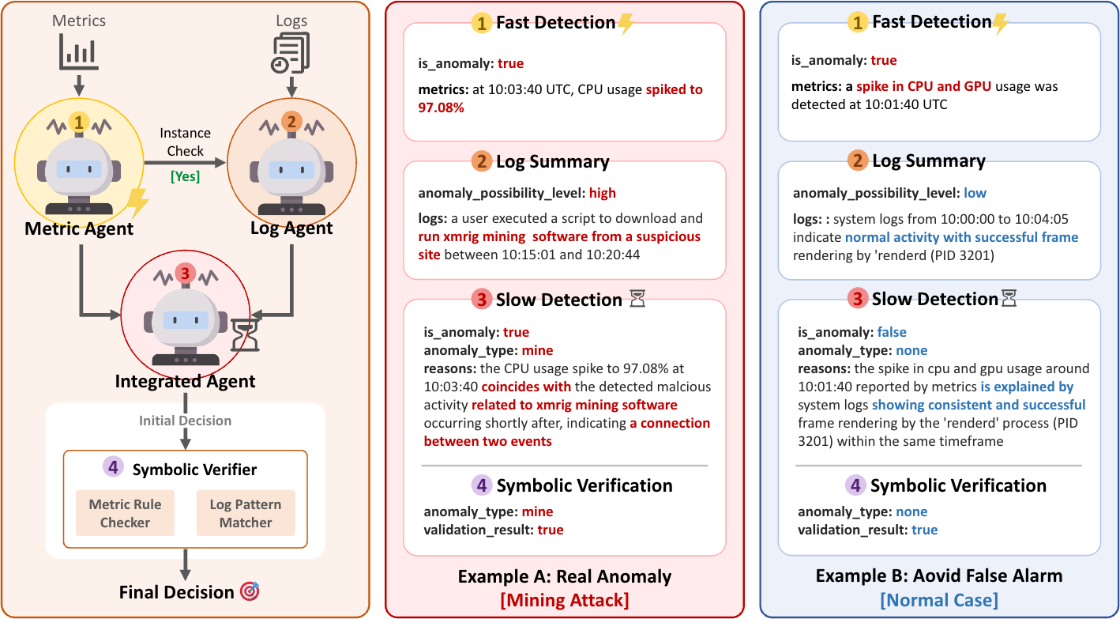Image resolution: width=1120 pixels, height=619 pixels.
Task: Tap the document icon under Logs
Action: pos(291,52)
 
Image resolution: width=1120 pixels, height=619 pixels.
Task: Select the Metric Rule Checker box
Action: pos(125,513)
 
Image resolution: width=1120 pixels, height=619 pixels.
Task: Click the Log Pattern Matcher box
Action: pos(246,513)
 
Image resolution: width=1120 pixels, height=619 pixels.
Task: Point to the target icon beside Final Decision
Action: pos(250,591)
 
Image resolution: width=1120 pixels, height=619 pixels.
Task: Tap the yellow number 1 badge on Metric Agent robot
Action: pos(78,122)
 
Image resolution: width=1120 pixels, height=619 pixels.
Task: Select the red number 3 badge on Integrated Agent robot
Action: pos(186,273)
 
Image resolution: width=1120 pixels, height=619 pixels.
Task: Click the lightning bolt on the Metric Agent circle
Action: pos(138,205)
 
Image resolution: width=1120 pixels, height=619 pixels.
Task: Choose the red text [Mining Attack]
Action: pos(565,599)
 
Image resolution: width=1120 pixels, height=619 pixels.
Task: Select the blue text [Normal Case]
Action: pos(939,599)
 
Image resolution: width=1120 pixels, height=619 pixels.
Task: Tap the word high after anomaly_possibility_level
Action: pos(603,193)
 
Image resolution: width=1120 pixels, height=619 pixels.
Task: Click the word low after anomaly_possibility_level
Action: pos(975,193)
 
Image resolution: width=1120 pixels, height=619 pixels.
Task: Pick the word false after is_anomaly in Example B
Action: pos(892,332)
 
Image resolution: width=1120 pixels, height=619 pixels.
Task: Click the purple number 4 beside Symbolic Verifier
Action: pos(113,468)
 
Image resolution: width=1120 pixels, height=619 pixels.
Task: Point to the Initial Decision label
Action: pos(186,421)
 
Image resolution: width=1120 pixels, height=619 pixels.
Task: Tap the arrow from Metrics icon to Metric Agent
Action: pos(79,84)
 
